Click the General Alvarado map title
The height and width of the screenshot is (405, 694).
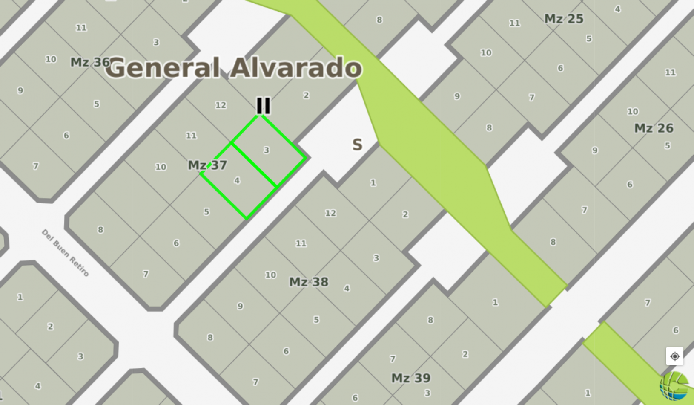click(235, 68)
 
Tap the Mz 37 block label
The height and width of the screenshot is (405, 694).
click(207, 165)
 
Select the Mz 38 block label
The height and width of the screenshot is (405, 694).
click(309, 282)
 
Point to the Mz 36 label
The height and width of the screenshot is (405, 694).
click(90, 62)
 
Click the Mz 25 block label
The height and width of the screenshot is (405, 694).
click(564, 19)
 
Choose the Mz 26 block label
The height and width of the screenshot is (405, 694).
click(654, 128)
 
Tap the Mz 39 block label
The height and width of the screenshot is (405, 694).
click(411, 378)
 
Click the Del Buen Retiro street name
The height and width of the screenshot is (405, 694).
click(65, 253)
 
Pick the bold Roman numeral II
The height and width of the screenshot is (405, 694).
click(263, 106)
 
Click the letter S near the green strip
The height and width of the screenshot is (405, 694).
click(357, 145)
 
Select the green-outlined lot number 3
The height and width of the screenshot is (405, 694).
click(266, 150)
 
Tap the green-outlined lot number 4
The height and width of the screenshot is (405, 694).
click(237, 181)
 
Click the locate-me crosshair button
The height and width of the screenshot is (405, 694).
click(674, 356)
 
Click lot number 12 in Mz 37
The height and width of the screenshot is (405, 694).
click(221, 105)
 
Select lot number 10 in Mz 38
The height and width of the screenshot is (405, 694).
click(271, 275)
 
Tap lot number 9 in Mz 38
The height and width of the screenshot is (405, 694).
click(240, 306)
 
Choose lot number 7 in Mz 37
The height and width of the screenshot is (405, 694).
click(146, 274)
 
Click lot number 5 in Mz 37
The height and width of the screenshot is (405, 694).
click(206, 212)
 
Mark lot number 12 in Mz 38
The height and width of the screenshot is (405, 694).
click(330, 213)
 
